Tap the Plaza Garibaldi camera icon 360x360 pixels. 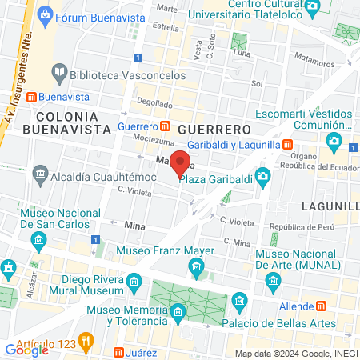(262, 176)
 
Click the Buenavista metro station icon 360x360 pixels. (31, 97)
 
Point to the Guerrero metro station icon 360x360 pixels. (165, 126)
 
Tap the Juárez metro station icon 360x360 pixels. (118, 351)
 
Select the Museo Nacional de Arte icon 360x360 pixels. (274, 281)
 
